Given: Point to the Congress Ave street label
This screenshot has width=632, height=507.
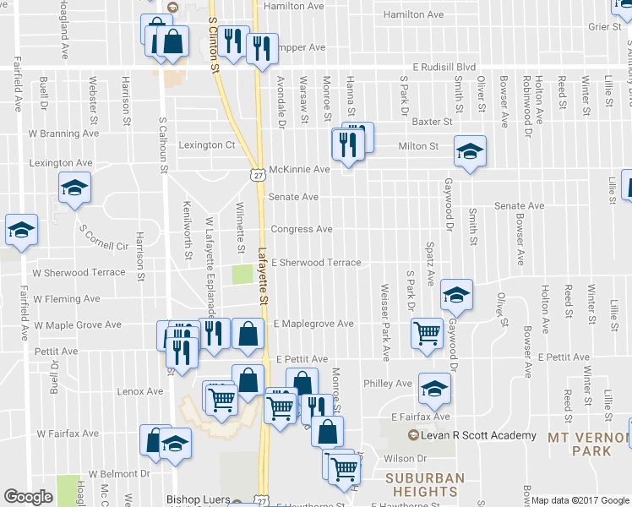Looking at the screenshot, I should coord(301,229).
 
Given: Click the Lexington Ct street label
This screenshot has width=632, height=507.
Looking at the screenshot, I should coord(206,144).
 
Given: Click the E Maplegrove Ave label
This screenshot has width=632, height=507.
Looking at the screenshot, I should coord(313,324).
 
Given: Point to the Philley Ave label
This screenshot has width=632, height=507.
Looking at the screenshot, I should coord(387,384).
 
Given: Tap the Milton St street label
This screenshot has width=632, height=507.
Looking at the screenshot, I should coord(418,146).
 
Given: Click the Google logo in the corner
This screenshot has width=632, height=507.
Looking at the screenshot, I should coord(28,497).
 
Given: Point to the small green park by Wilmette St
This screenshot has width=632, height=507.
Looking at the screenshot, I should coord(242,275).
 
